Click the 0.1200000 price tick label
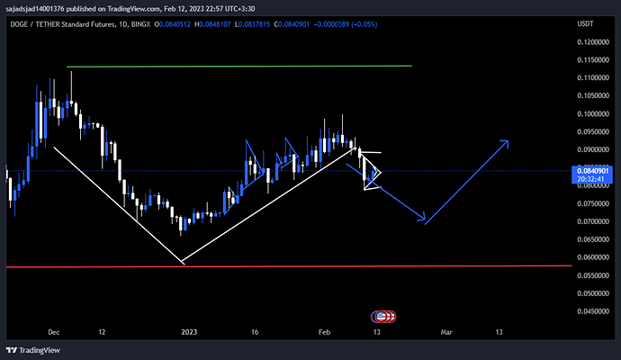tap(594, 42)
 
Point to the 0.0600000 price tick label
tap(594, 257)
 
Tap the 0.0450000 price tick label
tap(594, 311)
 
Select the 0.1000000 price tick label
tap(594, 114)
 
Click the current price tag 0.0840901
tap(593, 170)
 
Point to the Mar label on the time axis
tap(445, 332)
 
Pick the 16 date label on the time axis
tap(256, 332)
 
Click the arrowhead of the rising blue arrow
tap(508, 141)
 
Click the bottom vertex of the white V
tap(182, 263)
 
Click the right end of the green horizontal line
tap(411, 66)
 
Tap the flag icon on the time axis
tap(384, 317)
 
